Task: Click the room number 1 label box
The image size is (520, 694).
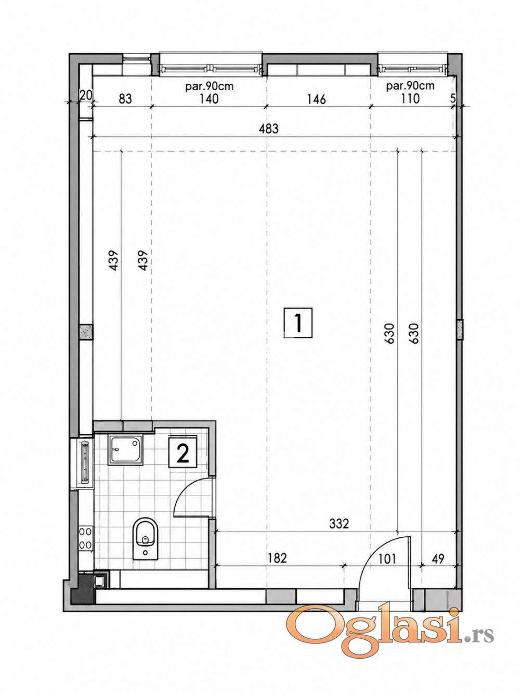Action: point(297,323)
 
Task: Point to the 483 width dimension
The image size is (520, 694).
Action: point(269,129)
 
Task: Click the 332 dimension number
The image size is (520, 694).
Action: point(339,524)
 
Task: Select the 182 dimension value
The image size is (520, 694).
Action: point(277,558)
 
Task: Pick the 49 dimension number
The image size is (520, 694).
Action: point(437,559)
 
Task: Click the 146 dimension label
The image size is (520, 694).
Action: point(316,99)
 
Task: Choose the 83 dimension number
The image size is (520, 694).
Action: point(125,99)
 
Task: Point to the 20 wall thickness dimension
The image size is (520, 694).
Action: point(85,95)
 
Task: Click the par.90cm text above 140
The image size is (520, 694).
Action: point(210,86)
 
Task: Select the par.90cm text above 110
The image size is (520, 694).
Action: point(410,86)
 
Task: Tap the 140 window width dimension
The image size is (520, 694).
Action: point(209,99)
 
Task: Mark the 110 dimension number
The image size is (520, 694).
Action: point(410,98)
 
